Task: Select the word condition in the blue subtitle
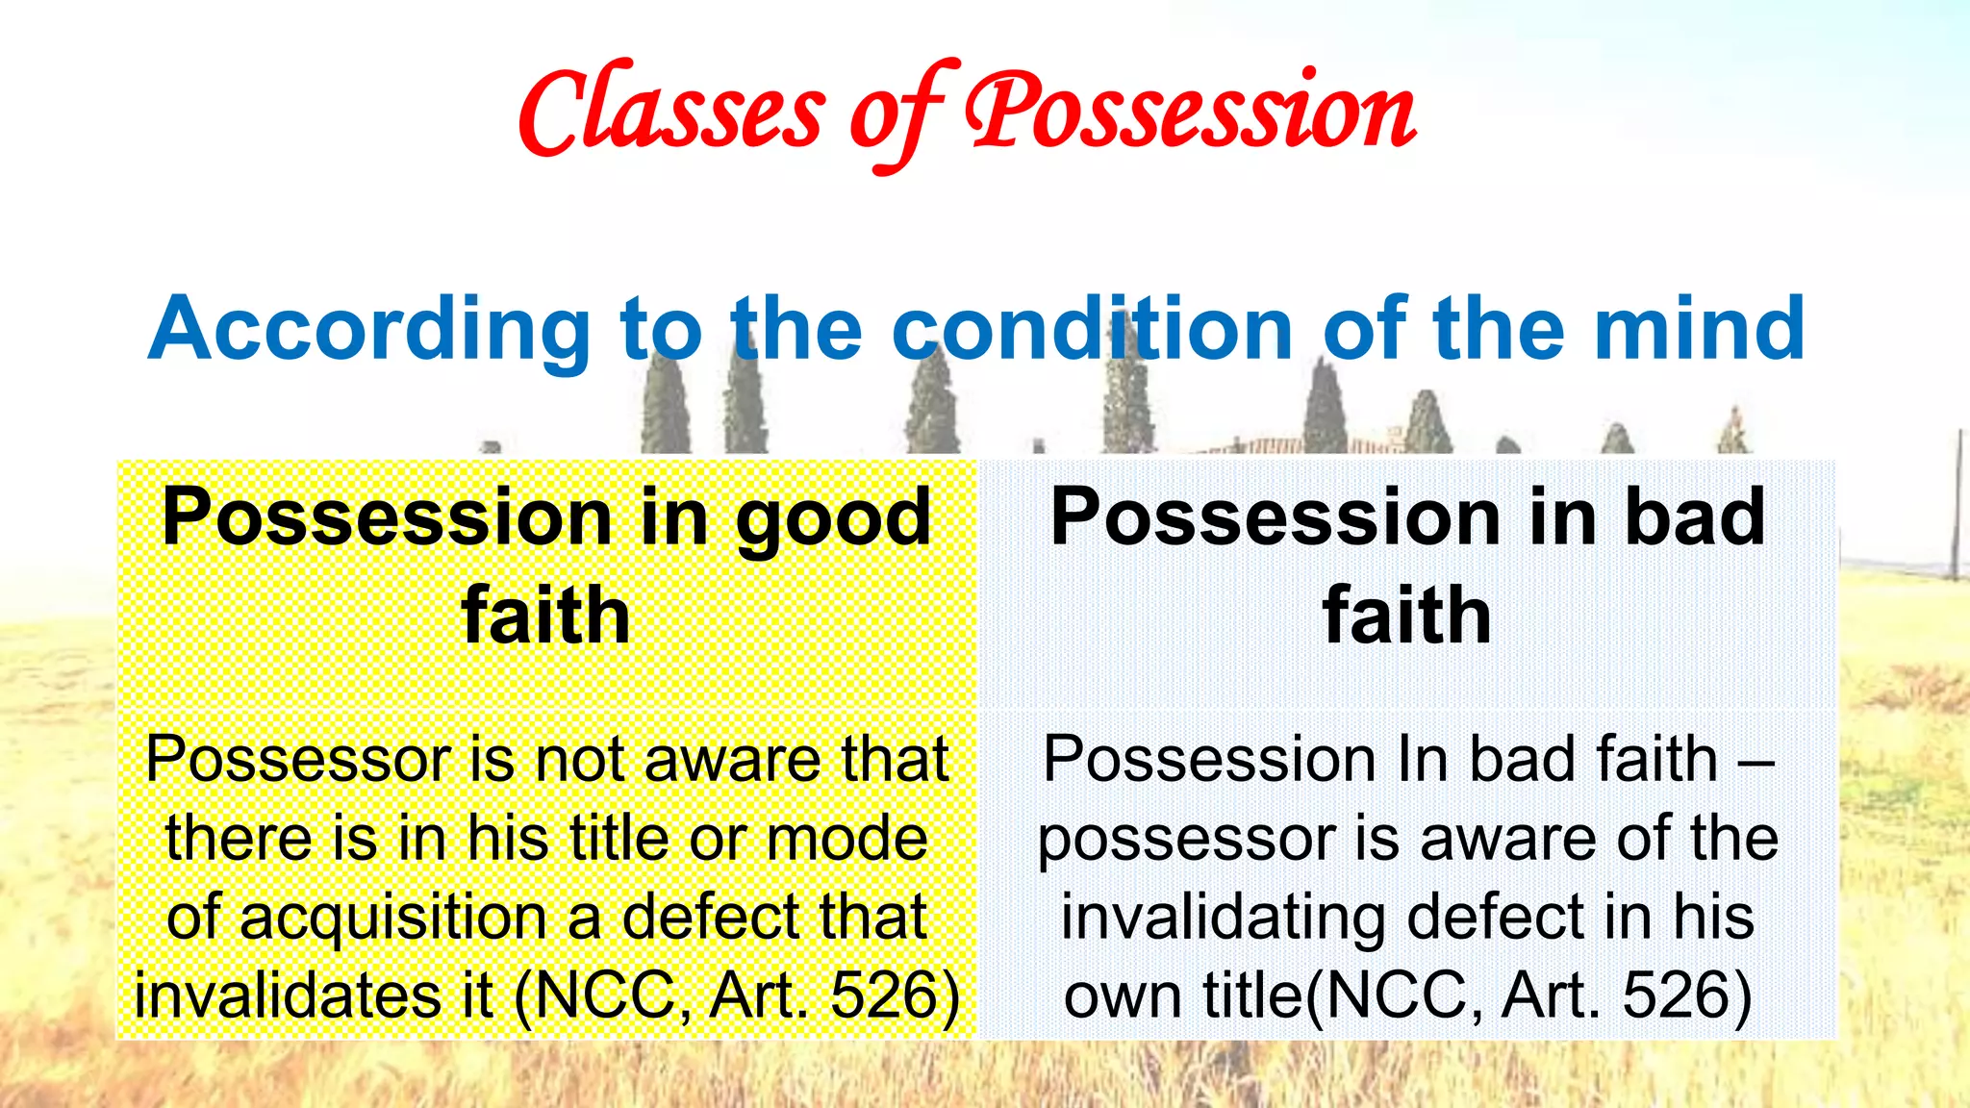coord(1092,330)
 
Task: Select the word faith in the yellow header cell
coord(545,615)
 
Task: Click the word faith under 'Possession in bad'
coord(1406,615)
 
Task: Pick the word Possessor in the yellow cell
coord(298,760)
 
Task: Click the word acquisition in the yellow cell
coord(392,918)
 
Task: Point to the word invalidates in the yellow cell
coord(314,995)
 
